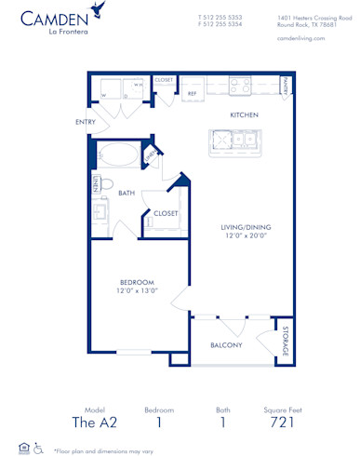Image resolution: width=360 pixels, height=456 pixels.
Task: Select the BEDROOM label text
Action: coord(136,281)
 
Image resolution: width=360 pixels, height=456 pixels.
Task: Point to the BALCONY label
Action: coord(225,345)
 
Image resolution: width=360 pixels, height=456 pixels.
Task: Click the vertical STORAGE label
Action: coord(284,342)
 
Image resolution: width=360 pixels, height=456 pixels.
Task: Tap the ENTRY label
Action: coord(87,122)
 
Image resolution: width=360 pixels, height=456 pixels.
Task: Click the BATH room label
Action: coord(127,193)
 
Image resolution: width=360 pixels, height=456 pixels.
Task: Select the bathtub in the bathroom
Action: coord(118,154)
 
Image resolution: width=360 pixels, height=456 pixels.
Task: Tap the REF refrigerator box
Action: coord(193,93)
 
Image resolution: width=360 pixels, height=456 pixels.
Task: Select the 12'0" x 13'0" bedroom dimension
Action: coord(136,291)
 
